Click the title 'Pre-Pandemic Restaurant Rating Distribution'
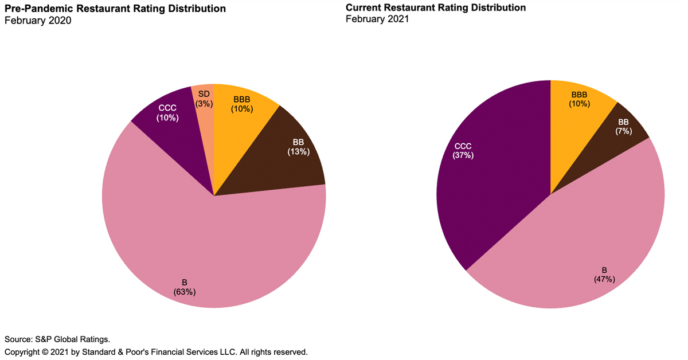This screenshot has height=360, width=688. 115,9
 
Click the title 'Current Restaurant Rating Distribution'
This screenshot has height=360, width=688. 436,8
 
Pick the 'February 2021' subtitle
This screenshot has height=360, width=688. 377,19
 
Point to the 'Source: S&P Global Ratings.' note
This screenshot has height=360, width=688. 57,339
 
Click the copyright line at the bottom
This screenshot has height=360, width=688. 156,351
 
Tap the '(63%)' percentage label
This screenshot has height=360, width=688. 185,292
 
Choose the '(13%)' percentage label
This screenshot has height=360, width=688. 298,152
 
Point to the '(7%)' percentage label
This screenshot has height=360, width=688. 624,131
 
